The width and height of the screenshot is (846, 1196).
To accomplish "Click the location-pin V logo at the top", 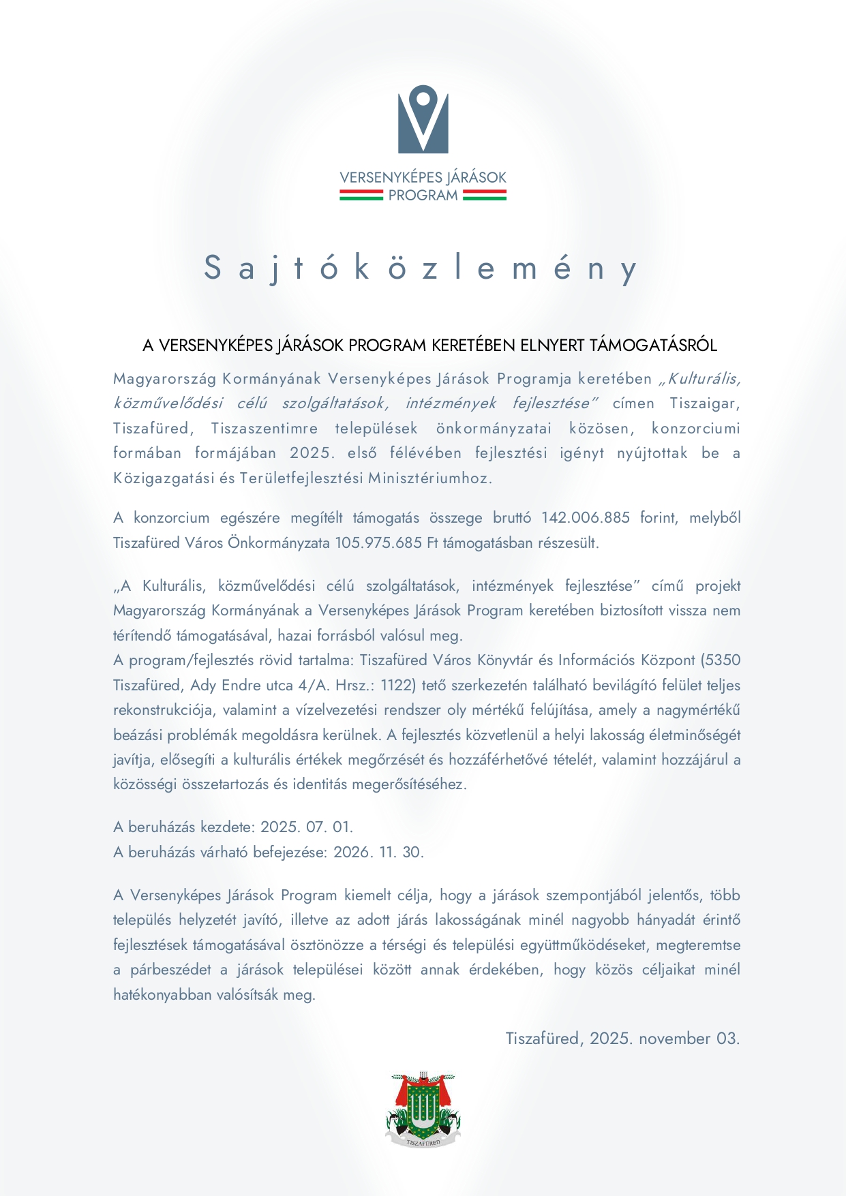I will [x=423, y=119].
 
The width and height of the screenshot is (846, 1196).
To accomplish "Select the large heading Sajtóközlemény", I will [x=421, y=268].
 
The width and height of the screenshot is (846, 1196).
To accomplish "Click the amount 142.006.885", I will [x=586, y=518].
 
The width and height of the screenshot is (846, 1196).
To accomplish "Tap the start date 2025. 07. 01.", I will [x=307, y=827].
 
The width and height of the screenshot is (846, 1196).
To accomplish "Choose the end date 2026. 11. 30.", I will [x=378, y=853].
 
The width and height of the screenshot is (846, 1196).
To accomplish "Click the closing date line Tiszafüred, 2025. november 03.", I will [x=622, y=1039].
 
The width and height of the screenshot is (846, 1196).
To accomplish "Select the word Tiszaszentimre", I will [x=265, y=429].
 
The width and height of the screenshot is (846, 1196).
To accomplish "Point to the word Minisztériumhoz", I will [x=430, y=478].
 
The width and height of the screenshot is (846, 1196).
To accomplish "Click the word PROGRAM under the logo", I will [x=423, y=196].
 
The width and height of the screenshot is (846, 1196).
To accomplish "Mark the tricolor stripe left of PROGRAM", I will [x=361, y=196].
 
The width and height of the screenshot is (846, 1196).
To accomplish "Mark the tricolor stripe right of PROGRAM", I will [x=485, y=196].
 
